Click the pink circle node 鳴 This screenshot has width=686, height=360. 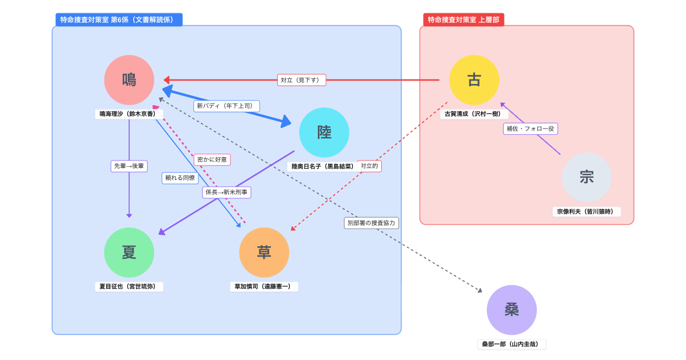pos(129,80)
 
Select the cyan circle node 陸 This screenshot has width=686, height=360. pos(324,133)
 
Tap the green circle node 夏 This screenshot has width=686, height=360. pos(129,253)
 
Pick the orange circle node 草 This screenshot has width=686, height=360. pos(264,253)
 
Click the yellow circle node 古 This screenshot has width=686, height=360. pos(474,80)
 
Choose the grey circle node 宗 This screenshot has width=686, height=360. pos(587,177)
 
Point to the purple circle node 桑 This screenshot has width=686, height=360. pos(512,310)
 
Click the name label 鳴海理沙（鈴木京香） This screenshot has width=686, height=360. pos(129,114)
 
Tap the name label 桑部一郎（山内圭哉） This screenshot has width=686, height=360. pos(512,344)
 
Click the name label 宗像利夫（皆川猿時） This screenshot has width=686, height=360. pos(587,211)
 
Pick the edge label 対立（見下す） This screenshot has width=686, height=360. pos(302,80)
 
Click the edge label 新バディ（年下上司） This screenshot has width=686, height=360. pos(227,106)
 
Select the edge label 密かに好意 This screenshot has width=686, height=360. pos(212,160)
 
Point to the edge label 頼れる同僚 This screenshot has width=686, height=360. pos(180,178)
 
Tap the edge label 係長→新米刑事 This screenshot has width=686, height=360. pos(227,193)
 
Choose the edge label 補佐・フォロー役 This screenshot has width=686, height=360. pos(531,129)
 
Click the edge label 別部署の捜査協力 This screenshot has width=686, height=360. pos(372,223)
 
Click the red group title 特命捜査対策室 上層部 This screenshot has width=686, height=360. pos(464,19)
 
